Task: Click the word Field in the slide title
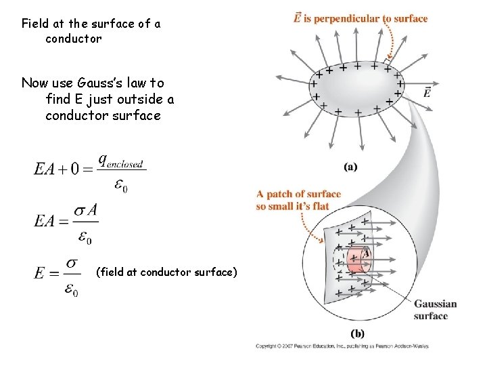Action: point(34,24)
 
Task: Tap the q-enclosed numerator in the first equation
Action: point(121,161)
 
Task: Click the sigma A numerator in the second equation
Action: point(86,211)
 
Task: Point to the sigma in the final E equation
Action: point(74,262)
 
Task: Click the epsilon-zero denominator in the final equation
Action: point(71,290)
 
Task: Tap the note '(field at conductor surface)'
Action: point(167,272)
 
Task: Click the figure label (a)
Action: point(350,167)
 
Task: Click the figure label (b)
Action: point(358,333)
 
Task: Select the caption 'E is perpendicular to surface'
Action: point(361,18)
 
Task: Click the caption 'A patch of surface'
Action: point(299,195)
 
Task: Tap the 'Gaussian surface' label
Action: point(435,310)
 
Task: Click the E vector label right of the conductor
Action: point(427,92)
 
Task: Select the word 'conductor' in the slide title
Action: point(74,39)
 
